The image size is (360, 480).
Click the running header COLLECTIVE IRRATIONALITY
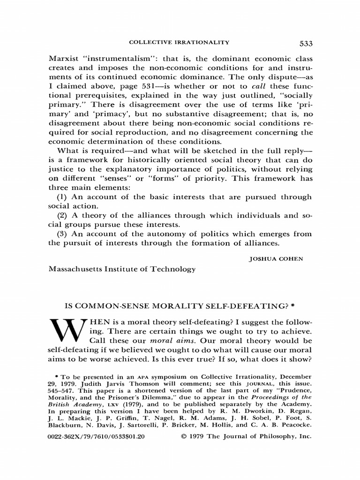180,43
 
